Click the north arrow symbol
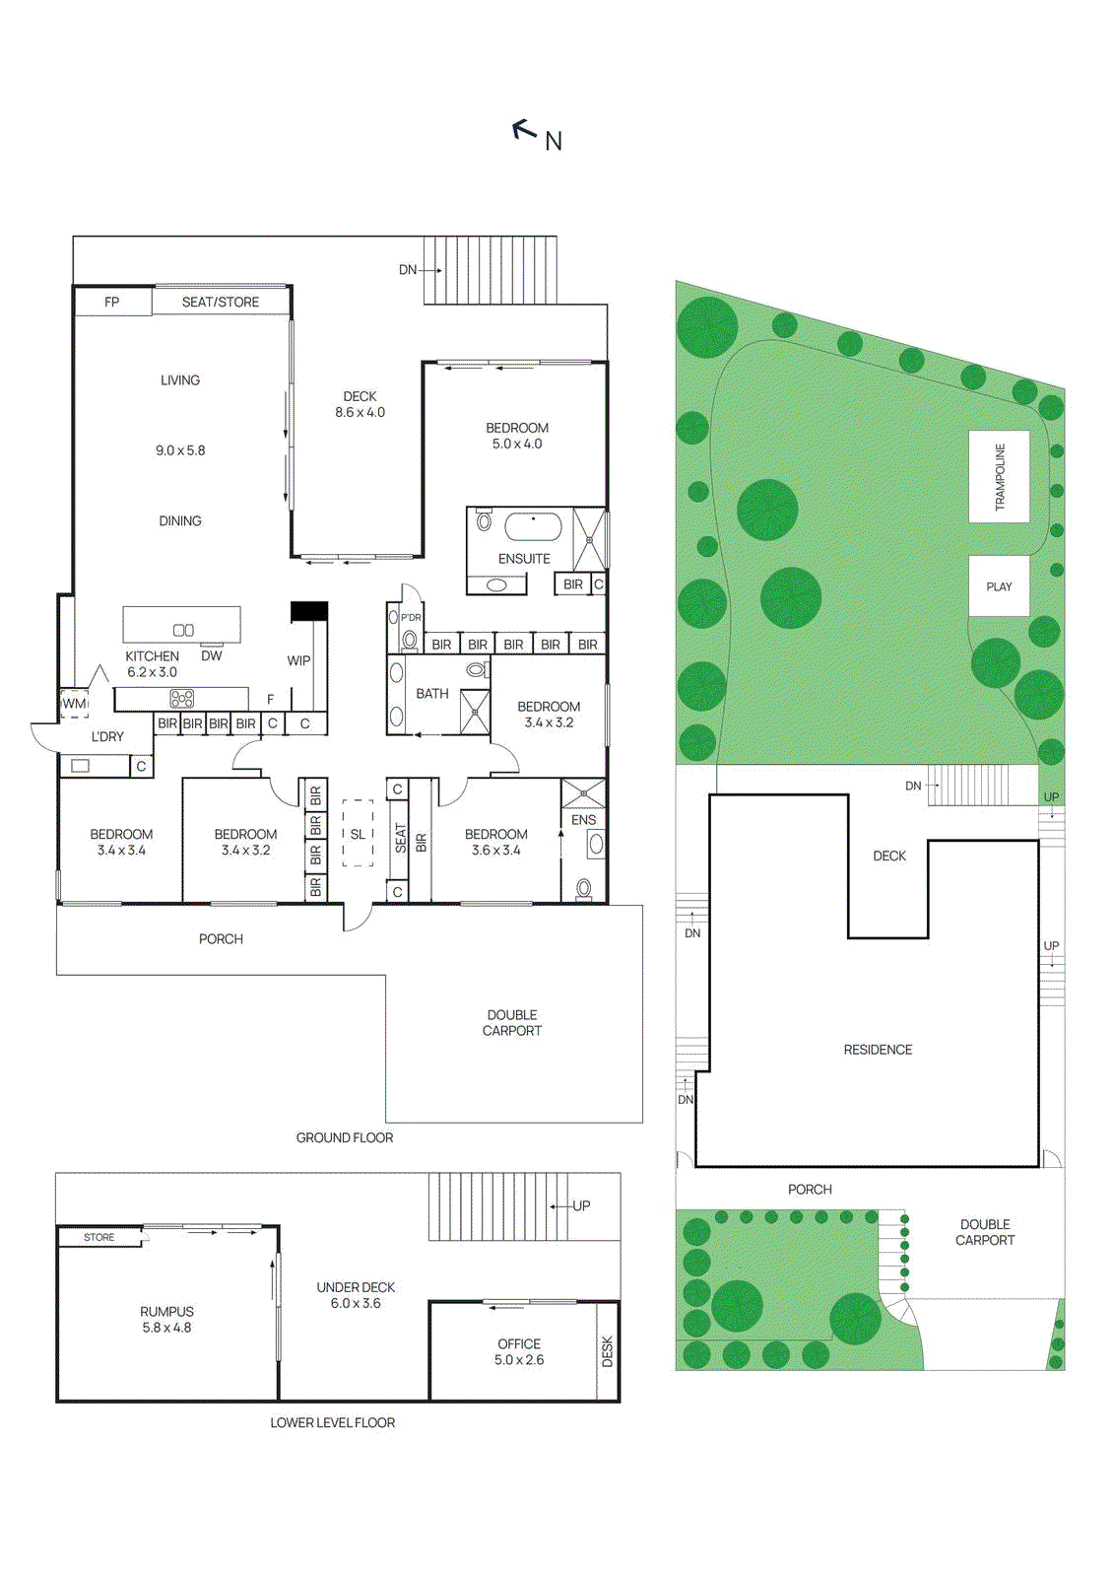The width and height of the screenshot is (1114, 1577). click(524, 129)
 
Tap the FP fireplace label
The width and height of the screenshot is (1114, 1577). click(112, 302)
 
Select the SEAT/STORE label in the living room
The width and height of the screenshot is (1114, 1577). click(221, 302)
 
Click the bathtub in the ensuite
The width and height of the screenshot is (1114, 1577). click(533, 526)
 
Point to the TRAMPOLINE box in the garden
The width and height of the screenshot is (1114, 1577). click(999, 476)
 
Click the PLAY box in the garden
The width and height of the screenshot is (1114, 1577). click(999, 586)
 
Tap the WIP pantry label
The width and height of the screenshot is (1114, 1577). click(298, 660)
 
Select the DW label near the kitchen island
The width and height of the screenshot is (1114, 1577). click(212, 655)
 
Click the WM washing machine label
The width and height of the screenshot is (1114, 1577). click(75, 704)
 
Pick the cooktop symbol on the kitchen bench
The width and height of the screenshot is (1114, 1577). click(182, 699)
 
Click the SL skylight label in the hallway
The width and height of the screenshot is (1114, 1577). click(358, 834)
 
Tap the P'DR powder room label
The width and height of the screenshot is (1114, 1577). click(411, 618)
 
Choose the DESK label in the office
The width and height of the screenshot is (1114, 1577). click(607, 1350)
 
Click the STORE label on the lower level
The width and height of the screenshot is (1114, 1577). click(98, 1237)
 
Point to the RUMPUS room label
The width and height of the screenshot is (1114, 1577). click(166, 1312)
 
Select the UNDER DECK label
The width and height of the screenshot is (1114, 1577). click(356, 1287)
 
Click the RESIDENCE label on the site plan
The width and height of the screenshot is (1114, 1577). click(878, 1050)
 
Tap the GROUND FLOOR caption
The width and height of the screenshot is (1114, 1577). click(345, 1137)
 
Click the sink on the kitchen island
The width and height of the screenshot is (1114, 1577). click(183, 630)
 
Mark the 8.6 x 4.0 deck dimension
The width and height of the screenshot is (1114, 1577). click(360, 412)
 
